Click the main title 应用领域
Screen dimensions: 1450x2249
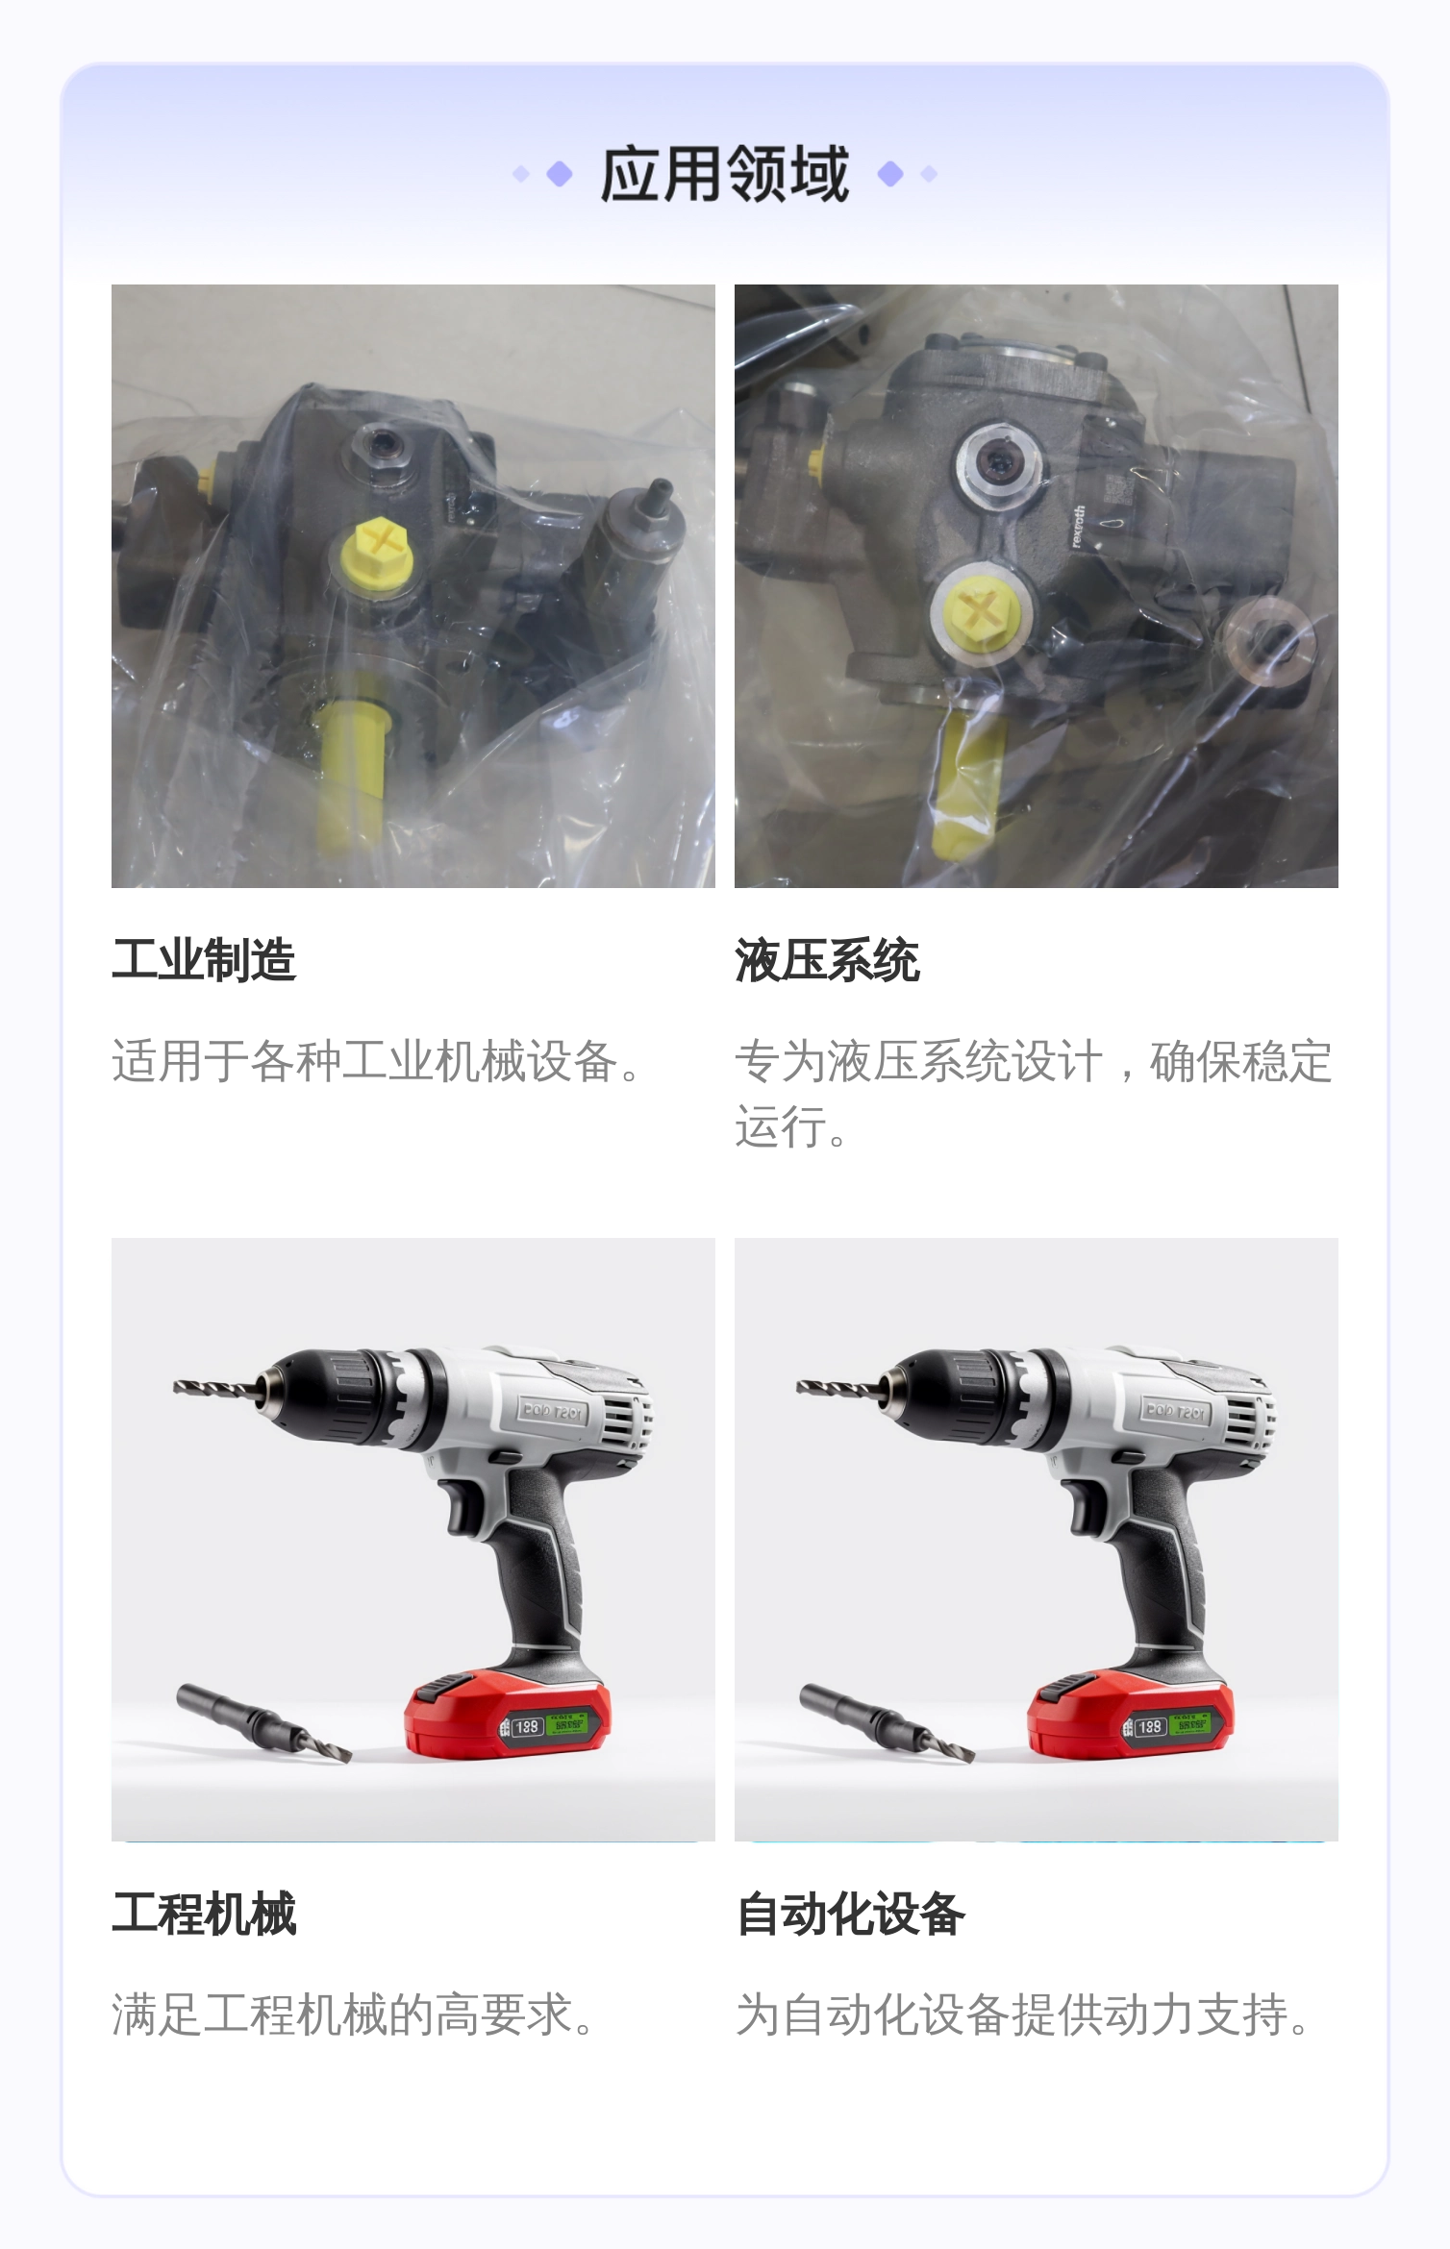[x=725, y=174]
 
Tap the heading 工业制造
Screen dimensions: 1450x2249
[x=204, y=960]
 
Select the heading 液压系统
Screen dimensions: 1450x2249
[x=827, y=960]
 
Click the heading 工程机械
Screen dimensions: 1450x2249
[x=204, y=1914]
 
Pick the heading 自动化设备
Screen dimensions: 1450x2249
[x=850, y=1914]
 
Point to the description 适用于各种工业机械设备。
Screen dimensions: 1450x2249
[x=377, y=1061]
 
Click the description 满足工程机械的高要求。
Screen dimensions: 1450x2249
[x=354, y=2014]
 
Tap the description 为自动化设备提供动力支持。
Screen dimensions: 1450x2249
[x=1023, y=2014]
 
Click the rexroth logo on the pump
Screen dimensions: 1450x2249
[x=1078, y=527]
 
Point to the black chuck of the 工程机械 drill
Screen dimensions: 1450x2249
[x=327, y=1395]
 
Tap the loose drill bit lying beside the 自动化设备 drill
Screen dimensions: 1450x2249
[x=887, y=1723]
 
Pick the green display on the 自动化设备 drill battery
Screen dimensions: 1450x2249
[x=1191, y=1725]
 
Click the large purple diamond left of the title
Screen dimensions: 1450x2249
[x=560, y=174]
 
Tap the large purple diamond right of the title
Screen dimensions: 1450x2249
[x=891, y=174]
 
